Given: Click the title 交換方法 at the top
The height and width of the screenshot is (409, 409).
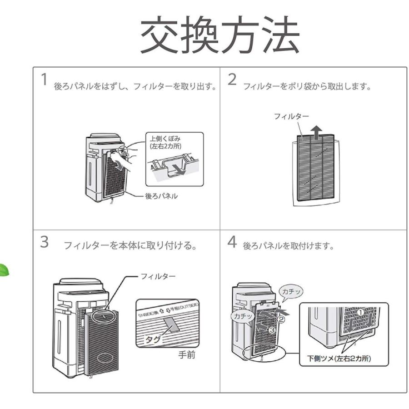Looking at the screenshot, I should pos(219,36).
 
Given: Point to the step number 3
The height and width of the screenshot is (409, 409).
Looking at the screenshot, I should pos(44,242).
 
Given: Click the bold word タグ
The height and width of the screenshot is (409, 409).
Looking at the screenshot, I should pos(152,339).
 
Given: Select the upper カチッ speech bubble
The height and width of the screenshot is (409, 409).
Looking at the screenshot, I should pos(289,291).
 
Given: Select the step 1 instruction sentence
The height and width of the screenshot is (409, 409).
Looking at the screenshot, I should pos(135,86).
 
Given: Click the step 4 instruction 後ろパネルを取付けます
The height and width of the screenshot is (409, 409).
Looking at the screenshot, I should pos(289,246).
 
